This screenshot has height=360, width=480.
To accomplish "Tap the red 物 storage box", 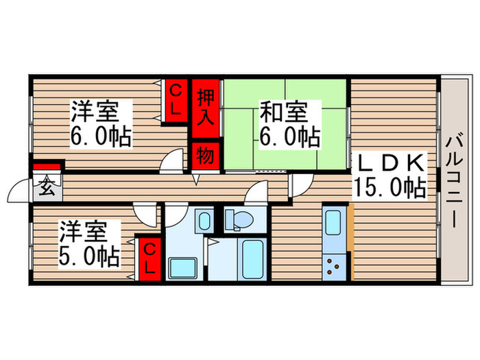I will (x=205, y=156).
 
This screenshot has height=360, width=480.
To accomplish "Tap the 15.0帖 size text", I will (x=388, y=187).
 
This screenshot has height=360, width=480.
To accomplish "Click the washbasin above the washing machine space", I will (x=203, y=221).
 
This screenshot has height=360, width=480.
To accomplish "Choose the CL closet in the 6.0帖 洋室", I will (x=176, y=100).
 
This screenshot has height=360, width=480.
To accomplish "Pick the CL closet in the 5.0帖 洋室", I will (x=149, y=258).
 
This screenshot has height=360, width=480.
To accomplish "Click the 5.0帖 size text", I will (x=88, y=256).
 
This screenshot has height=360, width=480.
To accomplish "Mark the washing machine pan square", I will (x=182, y=268).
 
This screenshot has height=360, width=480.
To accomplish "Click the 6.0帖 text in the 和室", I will (x=289, y=136).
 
